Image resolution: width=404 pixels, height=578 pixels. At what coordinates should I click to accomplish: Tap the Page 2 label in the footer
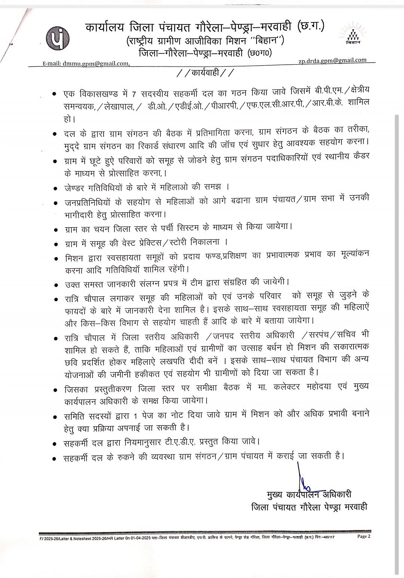click(364, 536)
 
